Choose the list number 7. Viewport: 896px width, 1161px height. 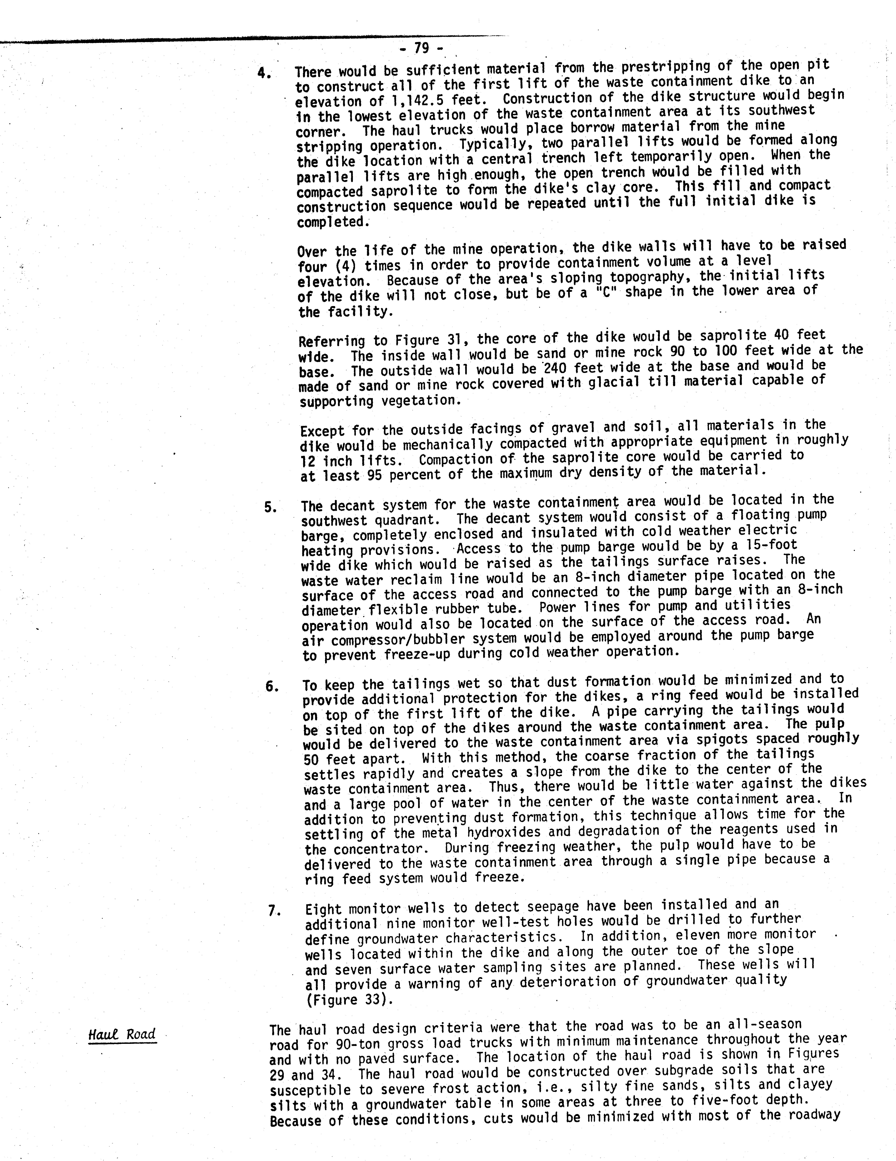(273, 911)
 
